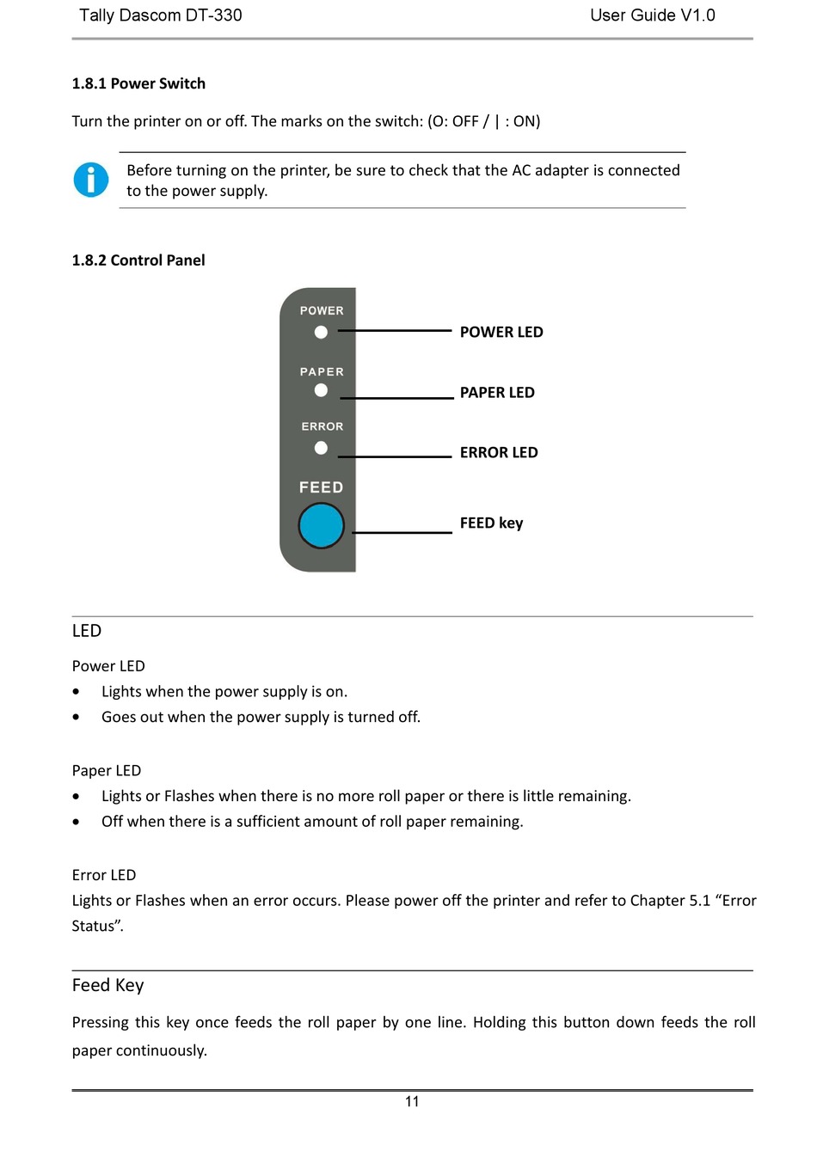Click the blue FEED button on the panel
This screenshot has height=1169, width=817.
pyautogui.click(x=321, y=526)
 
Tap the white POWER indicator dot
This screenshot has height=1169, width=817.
pyautogui.click(x=321, y=332)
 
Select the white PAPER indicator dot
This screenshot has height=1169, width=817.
pyautogui.click(x=321, y=390)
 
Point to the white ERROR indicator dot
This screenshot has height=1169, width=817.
pyautogui.click(x=321, y=448)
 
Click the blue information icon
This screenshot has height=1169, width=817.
pyautogui.click(x=91, y=180)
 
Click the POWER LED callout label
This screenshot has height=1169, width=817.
pyautogui.click(x=501, y=332)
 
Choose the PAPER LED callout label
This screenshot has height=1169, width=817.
pyautogui.click(x=497, y=393)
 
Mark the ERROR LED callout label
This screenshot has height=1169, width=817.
pyautogui.click(x=499, y=453)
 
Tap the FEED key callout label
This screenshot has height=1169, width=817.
pyautogui.click(x=491, y=523)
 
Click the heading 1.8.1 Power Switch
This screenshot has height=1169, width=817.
pyautogui.click(x=138, y=83)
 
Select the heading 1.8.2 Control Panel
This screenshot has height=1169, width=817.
pyautogui.click(x=138, y=260)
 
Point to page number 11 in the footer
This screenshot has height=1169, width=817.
pyautogui.click(x=412, y=1102)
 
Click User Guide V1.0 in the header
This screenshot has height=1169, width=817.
pyautogui.click(x=652, y=15)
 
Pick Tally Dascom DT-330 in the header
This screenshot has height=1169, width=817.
pyautogui.click(x=161, y=15)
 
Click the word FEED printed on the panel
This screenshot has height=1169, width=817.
pyautogui.click(x=321, y=487)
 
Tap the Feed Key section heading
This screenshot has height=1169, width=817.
pyautogui.click(x=107, y=985)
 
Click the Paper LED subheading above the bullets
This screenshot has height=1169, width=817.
pyautogui.click(x=107, y=771)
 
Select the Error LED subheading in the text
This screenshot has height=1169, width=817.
pyautogui.click(x=104, y=875)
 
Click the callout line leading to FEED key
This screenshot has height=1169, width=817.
pyautogui.click(x=402, y=533)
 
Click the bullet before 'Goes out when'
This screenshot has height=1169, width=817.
pyautogui.click(x=77, y=717)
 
